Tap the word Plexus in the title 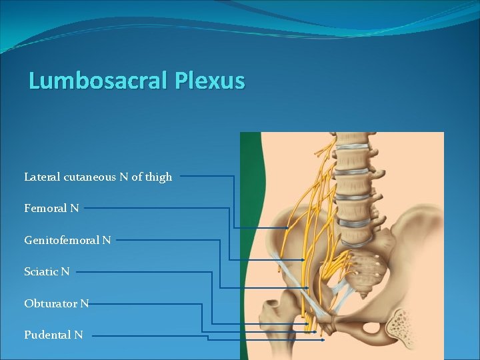click(210, 81)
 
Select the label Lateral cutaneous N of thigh click(98, 177)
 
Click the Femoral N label click(51, 208)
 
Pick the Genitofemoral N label click(67, 239)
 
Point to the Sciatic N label click(47, 271)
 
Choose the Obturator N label click(56, 303)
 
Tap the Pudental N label click(53, 335)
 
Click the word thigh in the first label click(159, 177)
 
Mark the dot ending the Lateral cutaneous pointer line click(287, 228)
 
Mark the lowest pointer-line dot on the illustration click(323, 340)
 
